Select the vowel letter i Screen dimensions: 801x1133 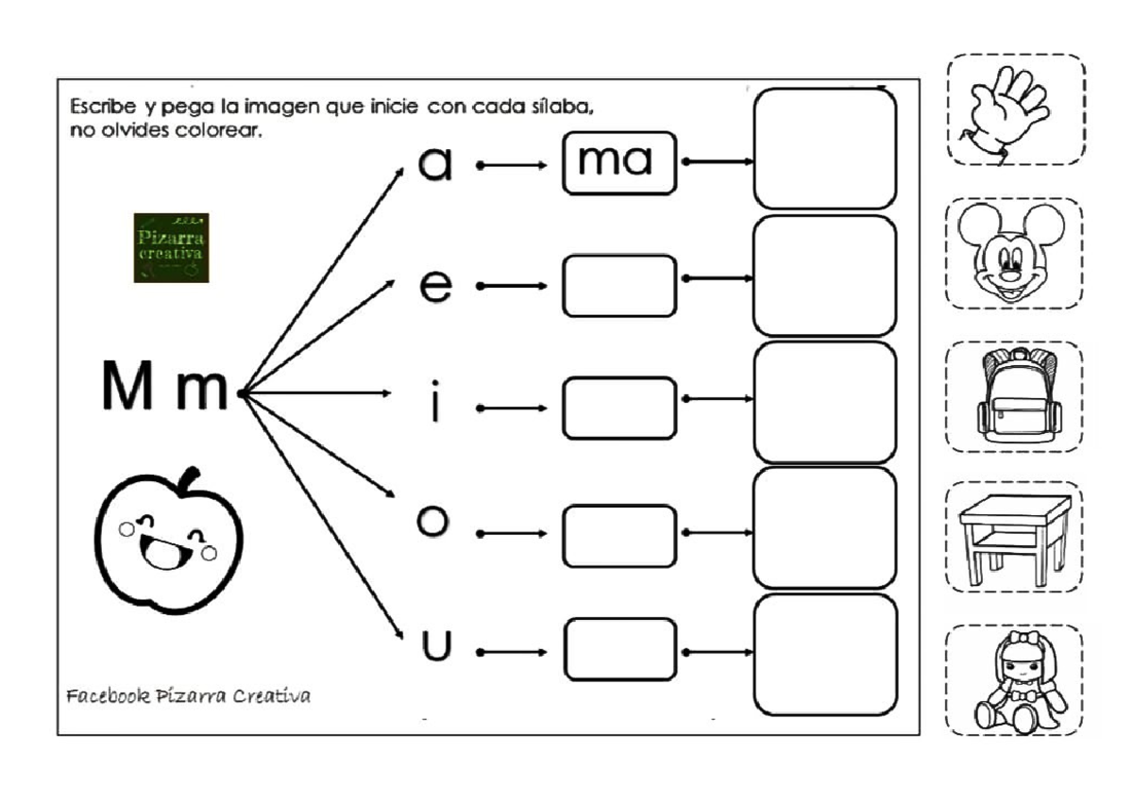click(434, 405)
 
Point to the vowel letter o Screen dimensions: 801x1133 click(431, 522)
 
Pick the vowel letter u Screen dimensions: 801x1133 click(436, 645)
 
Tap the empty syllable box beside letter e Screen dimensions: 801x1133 click(619, 285)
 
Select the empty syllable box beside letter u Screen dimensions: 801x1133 click(619, 649)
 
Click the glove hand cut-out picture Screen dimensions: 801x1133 click(1014, 110)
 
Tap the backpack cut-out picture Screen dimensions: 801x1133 click(1014, 395)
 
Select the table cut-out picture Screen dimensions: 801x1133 click(1014, 537)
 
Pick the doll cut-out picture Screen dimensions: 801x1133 click(1015, 680)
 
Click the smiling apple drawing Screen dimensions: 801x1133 click(170, 546)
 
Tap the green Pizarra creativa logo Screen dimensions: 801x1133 click(171, 247)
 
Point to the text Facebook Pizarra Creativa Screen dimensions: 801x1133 click(189, 696)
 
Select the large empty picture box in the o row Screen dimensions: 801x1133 click(824, 528)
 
